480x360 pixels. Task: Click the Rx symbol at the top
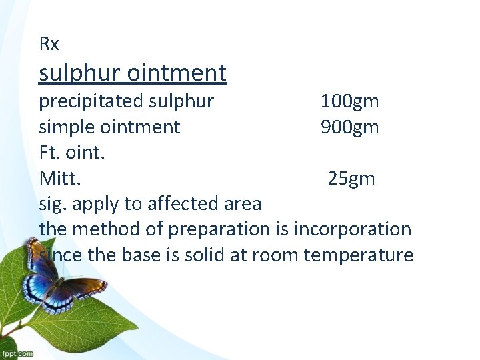49,45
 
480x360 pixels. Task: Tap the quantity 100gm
349,101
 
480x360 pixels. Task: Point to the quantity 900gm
349,127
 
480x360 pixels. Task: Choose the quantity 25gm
351,178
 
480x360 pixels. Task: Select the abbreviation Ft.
49,152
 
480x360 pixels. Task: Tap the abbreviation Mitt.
61,178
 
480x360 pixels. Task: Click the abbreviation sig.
51,203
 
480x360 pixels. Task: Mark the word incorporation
352,229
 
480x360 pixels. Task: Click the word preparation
219,229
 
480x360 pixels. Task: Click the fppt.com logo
17,353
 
